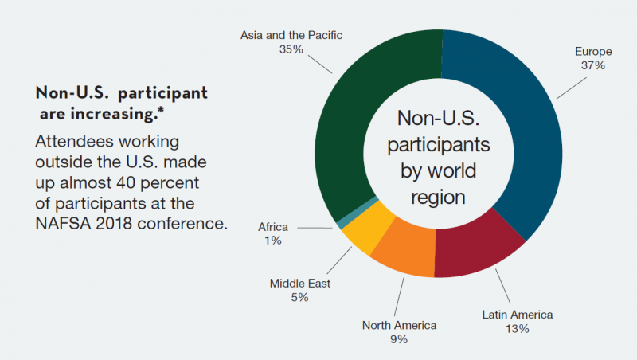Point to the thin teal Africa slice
click(358, 213)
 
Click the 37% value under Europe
click(593, 65)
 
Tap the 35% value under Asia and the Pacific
click(291, 49)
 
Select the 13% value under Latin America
click(517, 329)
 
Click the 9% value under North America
click(399, 339)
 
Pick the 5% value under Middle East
click(300, 297)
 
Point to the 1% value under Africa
click(273, 241)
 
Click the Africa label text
click(273, 227)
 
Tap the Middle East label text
click(300, 284)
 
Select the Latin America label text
click(518, 315)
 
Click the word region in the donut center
click(438, 197)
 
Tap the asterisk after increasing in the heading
click(162, 110)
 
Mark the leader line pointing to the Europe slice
click(571, 88)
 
